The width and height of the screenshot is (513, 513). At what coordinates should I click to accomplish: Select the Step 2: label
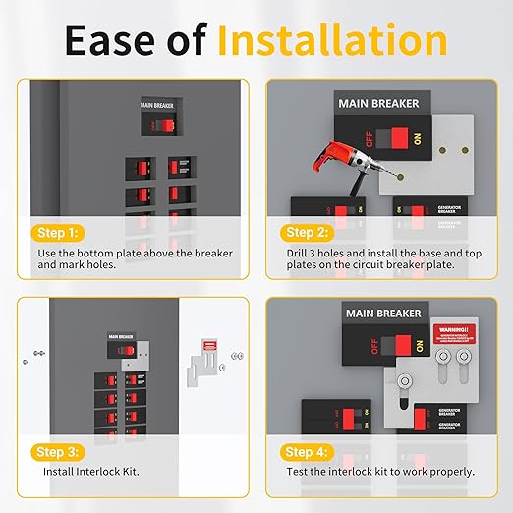(308, 233)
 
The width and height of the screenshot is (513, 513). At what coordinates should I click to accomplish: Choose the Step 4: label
(308, 451)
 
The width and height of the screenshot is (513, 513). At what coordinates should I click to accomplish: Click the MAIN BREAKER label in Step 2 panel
(378, 103)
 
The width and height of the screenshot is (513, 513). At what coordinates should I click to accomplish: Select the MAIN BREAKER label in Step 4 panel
(378, 314)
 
